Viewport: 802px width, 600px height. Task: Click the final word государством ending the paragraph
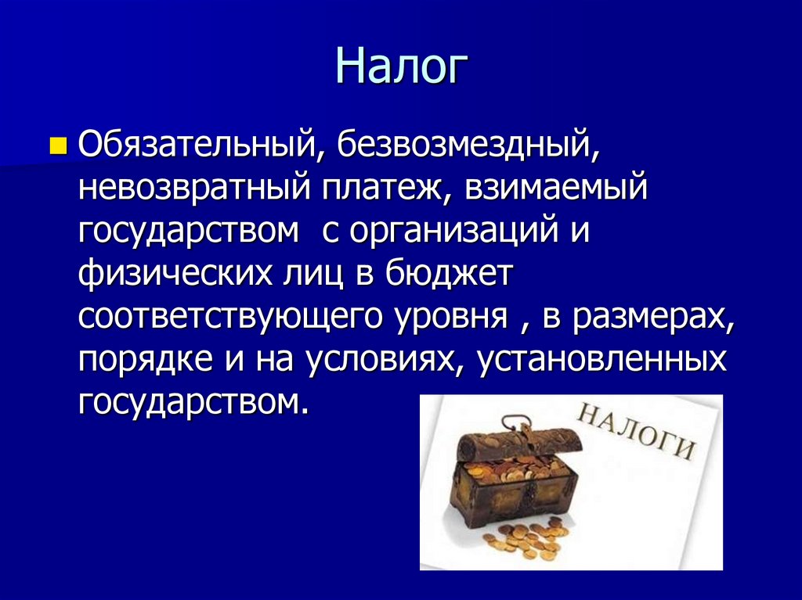point(189,402)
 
